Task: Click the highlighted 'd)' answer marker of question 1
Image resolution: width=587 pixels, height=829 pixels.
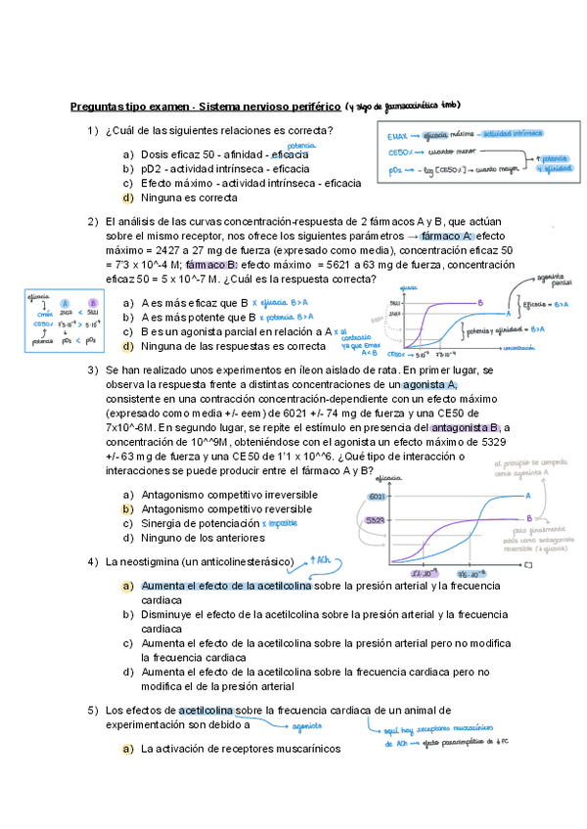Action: pos(127,196)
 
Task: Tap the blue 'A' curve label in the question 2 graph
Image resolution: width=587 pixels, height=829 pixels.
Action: pos(509,314)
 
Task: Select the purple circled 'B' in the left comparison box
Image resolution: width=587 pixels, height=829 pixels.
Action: pos(91,303)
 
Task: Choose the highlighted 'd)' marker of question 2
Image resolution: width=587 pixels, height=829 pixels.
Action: pos(127,346)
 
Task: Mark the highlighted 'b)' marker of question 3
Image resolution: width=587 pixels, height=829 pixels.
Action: pos(127,509)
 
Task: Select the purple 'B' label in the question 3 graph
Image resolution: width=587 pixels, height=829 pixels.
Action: pos(529,518)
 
